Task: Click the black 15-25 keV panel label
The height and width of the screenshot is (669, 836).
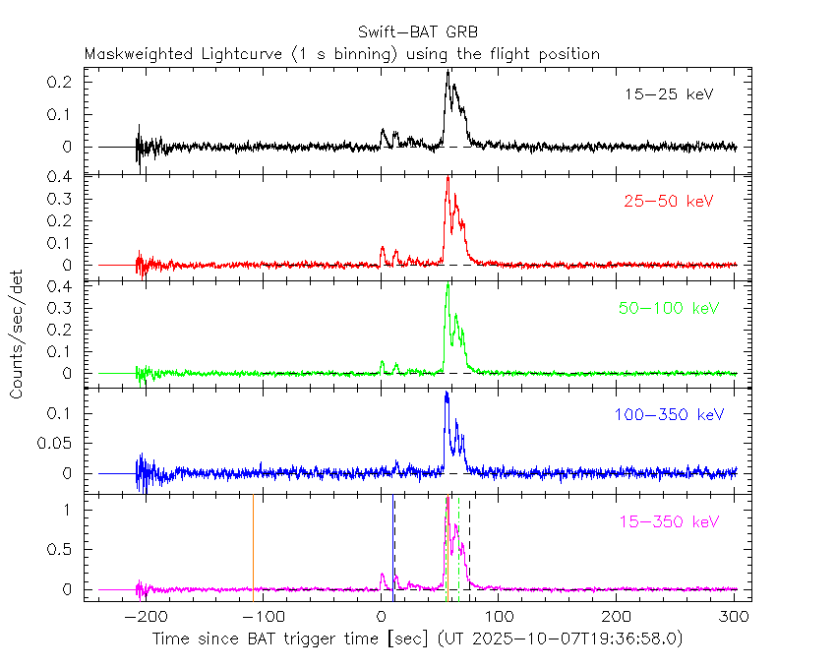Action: (668, 94)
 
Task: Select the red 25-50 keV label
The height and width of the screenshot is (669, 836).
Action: (668, 202)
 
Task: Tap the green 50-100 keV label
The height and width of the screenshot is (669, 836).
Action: (669, 308)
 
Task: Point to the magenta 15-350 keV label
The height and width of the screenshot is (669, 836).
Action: (668, 520)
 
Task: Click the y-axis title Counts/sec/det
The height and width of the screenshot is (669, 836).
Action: (18, 334)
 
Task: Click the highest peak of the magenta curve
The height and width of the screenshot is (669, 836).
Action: (448, 499)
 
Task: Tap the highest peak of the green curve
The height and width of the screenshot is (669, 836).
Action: (448, 286)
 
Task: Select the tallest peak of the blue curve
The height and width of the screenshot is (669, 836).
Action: (447, 394)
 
